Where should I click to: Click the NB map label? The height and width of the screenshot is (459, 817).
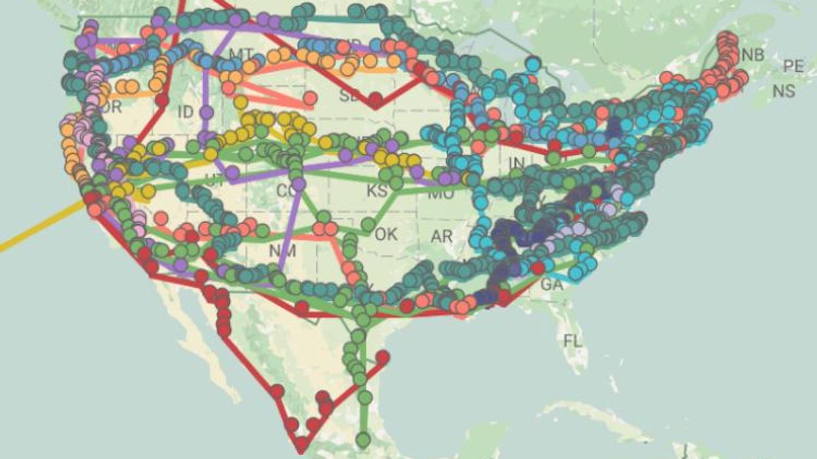point(753,55)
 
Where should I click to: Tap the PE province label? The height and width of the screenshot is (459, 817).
point(793,66)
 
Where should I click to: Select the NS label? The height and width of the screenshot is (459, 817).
point(784,91)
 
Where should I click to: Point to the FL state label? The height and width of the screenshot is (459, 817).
point(572,341)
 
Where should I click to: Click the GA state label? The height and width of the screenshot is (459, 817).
point(551,285)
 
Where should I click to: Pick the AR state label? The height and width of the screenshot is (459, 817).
point(442,236)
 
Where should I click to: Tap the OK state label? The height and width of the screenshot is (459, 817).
point(386,234)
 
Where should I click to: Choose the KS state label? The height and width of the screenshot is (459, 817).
point(377,191)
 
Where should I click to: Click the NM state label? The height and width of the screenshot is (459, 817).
point(283,250)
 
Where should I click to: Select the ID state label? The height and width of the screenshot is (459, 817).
point(186,112)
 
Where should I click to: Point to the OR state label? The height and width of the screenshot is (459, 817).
point(112,107)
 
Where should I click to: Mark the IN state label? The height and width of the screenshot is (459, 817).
point(516,162)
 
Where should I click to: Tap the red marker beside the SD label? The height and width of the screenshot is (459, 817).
point(375,100)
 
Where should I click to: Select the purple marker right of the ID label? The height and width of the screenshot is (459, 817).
point(207,112)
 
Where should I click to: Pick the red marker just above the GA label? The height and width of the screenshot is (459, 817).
point(538,267)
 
